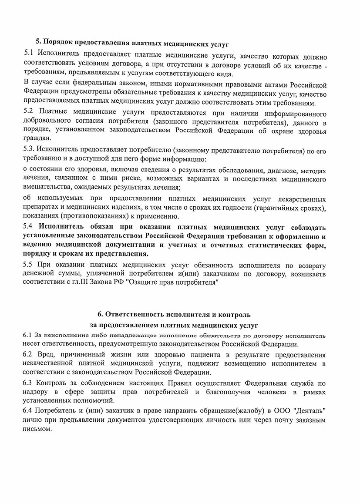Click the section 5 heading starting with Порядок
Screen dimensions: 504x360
[x=132, y=43]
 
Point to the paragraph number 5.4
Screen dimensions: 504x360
[x=29, y=227]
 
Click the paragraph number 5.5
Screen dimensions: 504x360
[x=29, y=265]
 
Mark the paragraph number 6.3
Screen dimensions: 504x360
[x=29, y=383]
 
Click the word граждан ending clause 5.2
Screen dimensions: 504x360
[x=36, y=138]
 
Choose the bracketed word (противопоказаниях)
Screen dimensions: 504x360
[x=92, y=216]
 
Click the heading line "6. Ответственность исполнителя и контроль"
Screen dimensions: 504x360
[x=174, y=314]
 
